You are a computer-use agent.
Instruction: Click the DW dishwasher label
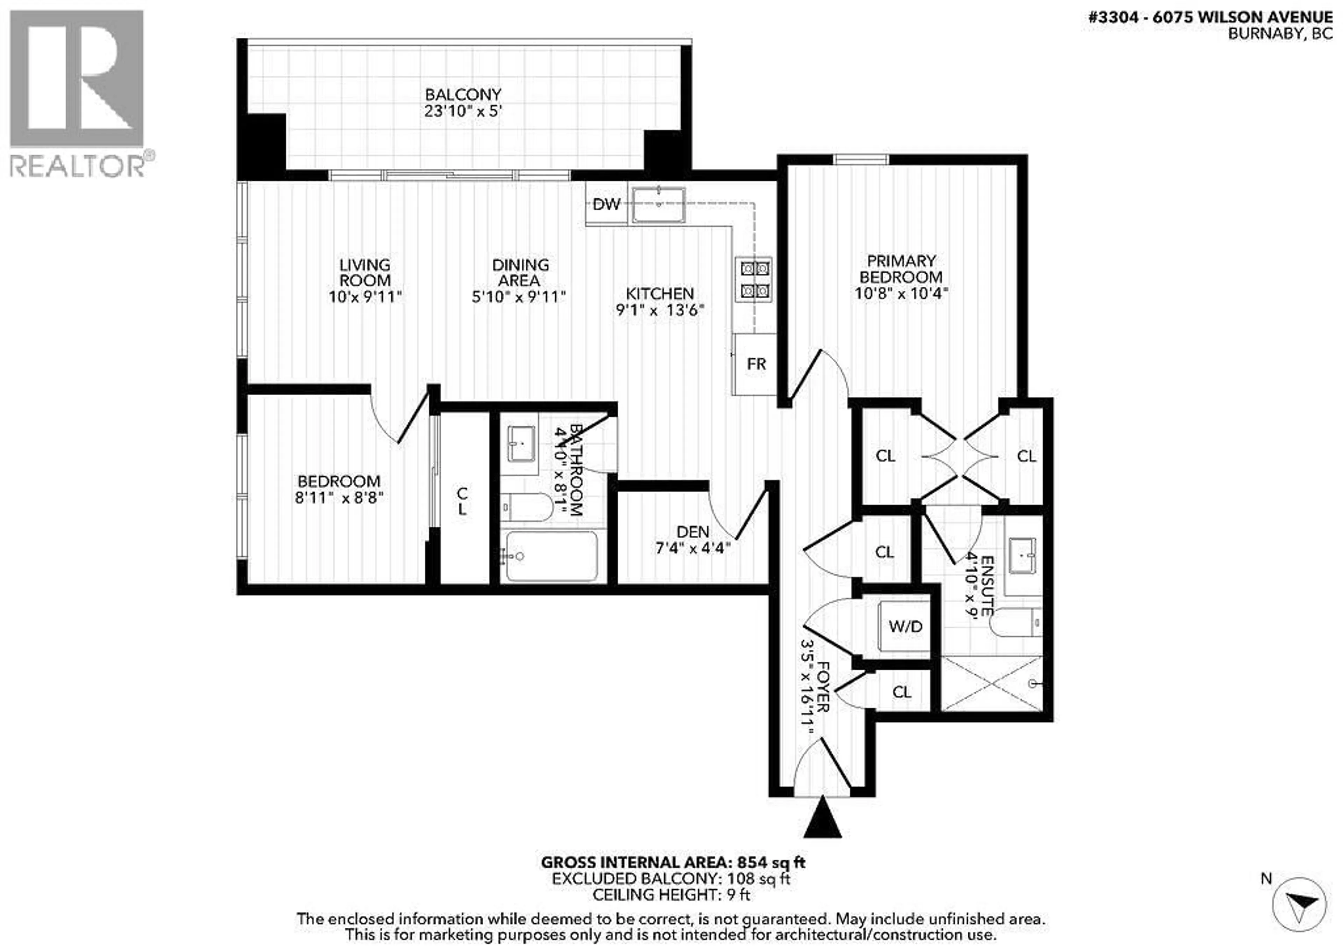pyautogui.click(x=606, y=204)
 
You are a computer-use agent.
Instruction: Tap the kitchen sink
pyautogui.click(x=659, y=204)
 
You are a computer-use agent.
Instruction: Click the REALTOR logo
pyautogui.click(x=78, y=94)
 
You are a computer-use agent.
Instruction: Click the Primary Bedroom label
pyautogui.click(x=901, y=269)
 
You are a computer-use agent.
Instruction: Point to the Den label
pyautogui.click(x=692, y=532)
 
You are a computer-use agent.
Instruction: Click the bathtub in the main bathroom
pyautogui.click(x=551, y=555)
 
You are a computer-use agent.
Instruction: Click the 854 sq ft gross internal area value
pyautogui.click(x=771, y=862)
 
